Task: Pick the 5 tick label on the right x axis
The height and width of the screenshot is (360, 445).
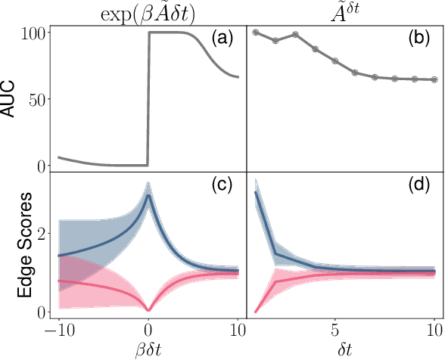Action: click(x=335, y=330)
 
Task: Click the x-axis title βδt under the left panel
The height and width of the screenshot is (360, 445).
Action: click(x=148, y=350)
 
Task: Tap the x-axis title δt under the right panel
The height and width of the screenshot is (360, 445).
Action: click(x=345, y=350)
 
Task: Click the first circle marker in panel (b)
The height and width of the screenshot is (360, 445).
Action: click(x=256, y=33)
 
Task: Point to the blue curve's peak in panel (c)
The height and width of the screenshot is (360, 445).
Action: click(x=148, y=194)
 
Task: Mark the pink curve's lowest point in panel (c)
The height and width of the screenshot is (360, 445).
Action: click(x=148, y=310)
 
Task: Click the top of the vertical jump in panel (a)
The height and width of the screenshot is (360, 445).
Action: click(x=149, y=33)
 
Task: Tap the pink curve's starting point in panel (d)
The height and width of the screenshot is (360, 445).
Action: click(x=256, y=311)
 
